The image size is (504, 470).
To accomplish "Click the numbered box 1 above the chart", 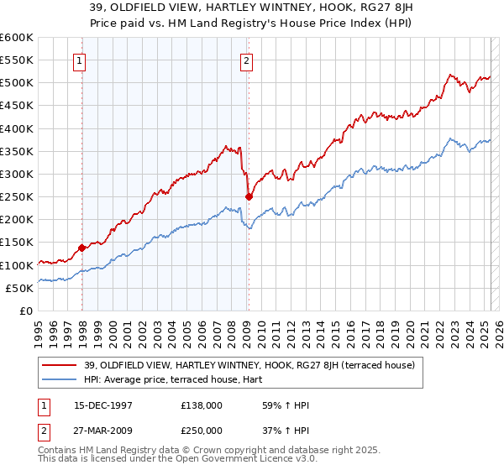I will pyautogui.click(x=78, y=60).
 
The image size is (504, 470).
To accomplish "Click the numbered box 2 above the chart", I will pyautogui.click(x=246, y=60).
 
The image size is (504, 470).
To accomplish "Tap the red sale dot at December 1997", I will pyautogui.click(x=82, y=248).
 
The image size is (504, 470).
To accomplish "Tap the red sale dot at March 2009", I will pyautogui.click(x=249, y=197).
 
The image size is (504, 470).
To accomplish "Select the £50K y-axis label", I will pyautogui.click(x=20, y=288).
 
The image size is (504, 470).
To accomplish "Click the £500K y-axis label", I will pyautogui.click(x=17, y=83).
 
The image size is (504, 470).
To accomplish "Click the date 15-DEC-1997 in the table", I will pyautogui.click(x=104, y=405).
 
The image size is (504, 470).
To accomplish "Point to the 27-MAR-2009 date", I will pyautogui.click(x=104, y=431).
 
